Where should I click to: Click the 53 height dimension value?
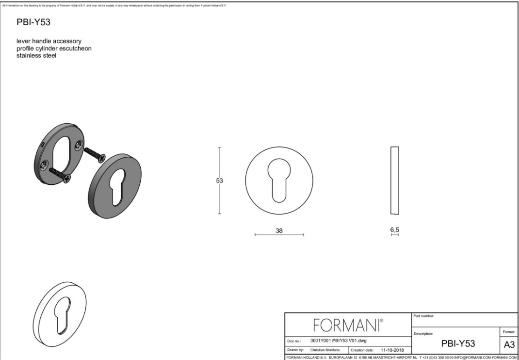pyautogui.click(x=219, y=180)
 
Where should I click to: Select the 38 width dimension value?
pyautogui.click(x=279, y=230)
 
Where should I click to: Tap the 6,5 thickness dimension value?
pyautogui.click(x=394, y=229)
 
